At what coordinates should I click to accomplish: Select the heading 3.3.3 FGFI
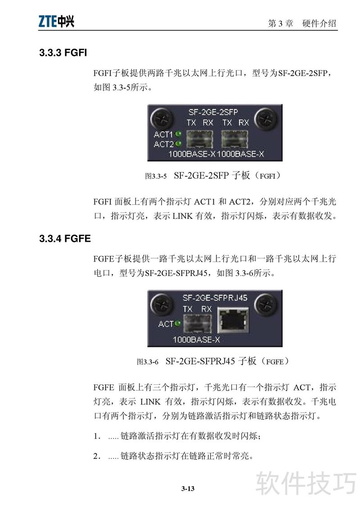[x=63, y=53]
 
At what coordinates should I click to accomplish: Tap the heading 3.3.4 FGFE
[x=65, y=239]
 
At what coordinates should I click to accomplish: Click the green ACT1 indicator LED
[x=178, y=134]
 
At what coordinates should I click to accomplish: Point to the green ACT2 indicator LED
[x=178, y=143]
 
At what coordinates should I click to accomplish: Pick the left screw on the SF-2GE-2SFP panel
[x=161, y=119]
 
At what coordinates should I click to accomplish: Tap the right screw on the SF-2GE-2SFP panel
[x=265, y=119]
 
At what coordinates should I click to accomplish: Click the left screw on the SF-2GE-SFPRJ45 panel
[x=161, y=305]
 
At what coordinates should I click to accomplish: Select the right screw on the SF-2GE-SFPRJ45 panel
[x=265, y=305]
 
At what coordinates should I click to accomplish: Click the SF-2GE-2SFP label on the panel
[x=213, y=112]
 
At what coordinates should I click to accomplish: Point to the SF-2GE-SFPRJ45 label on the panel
[x=215, y=298]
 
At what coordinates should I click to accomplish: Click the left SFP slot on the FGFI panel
[x=200, y=139]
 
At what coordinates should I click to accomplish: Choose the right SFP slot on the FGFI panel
[x=234, y=139]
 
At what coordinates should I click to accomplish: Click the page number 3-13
[x=188, y=488]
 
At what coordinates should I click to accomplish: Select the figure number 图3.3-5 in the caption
[x=156, y=176]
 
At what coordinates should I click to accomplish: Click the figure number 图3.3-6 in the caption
[x=147, y=362]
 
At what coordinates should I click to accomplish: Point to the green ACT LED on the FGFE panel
[x=178, y=323]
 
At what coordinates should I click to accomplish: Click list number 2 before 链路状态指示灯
[x=97, y=456]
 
